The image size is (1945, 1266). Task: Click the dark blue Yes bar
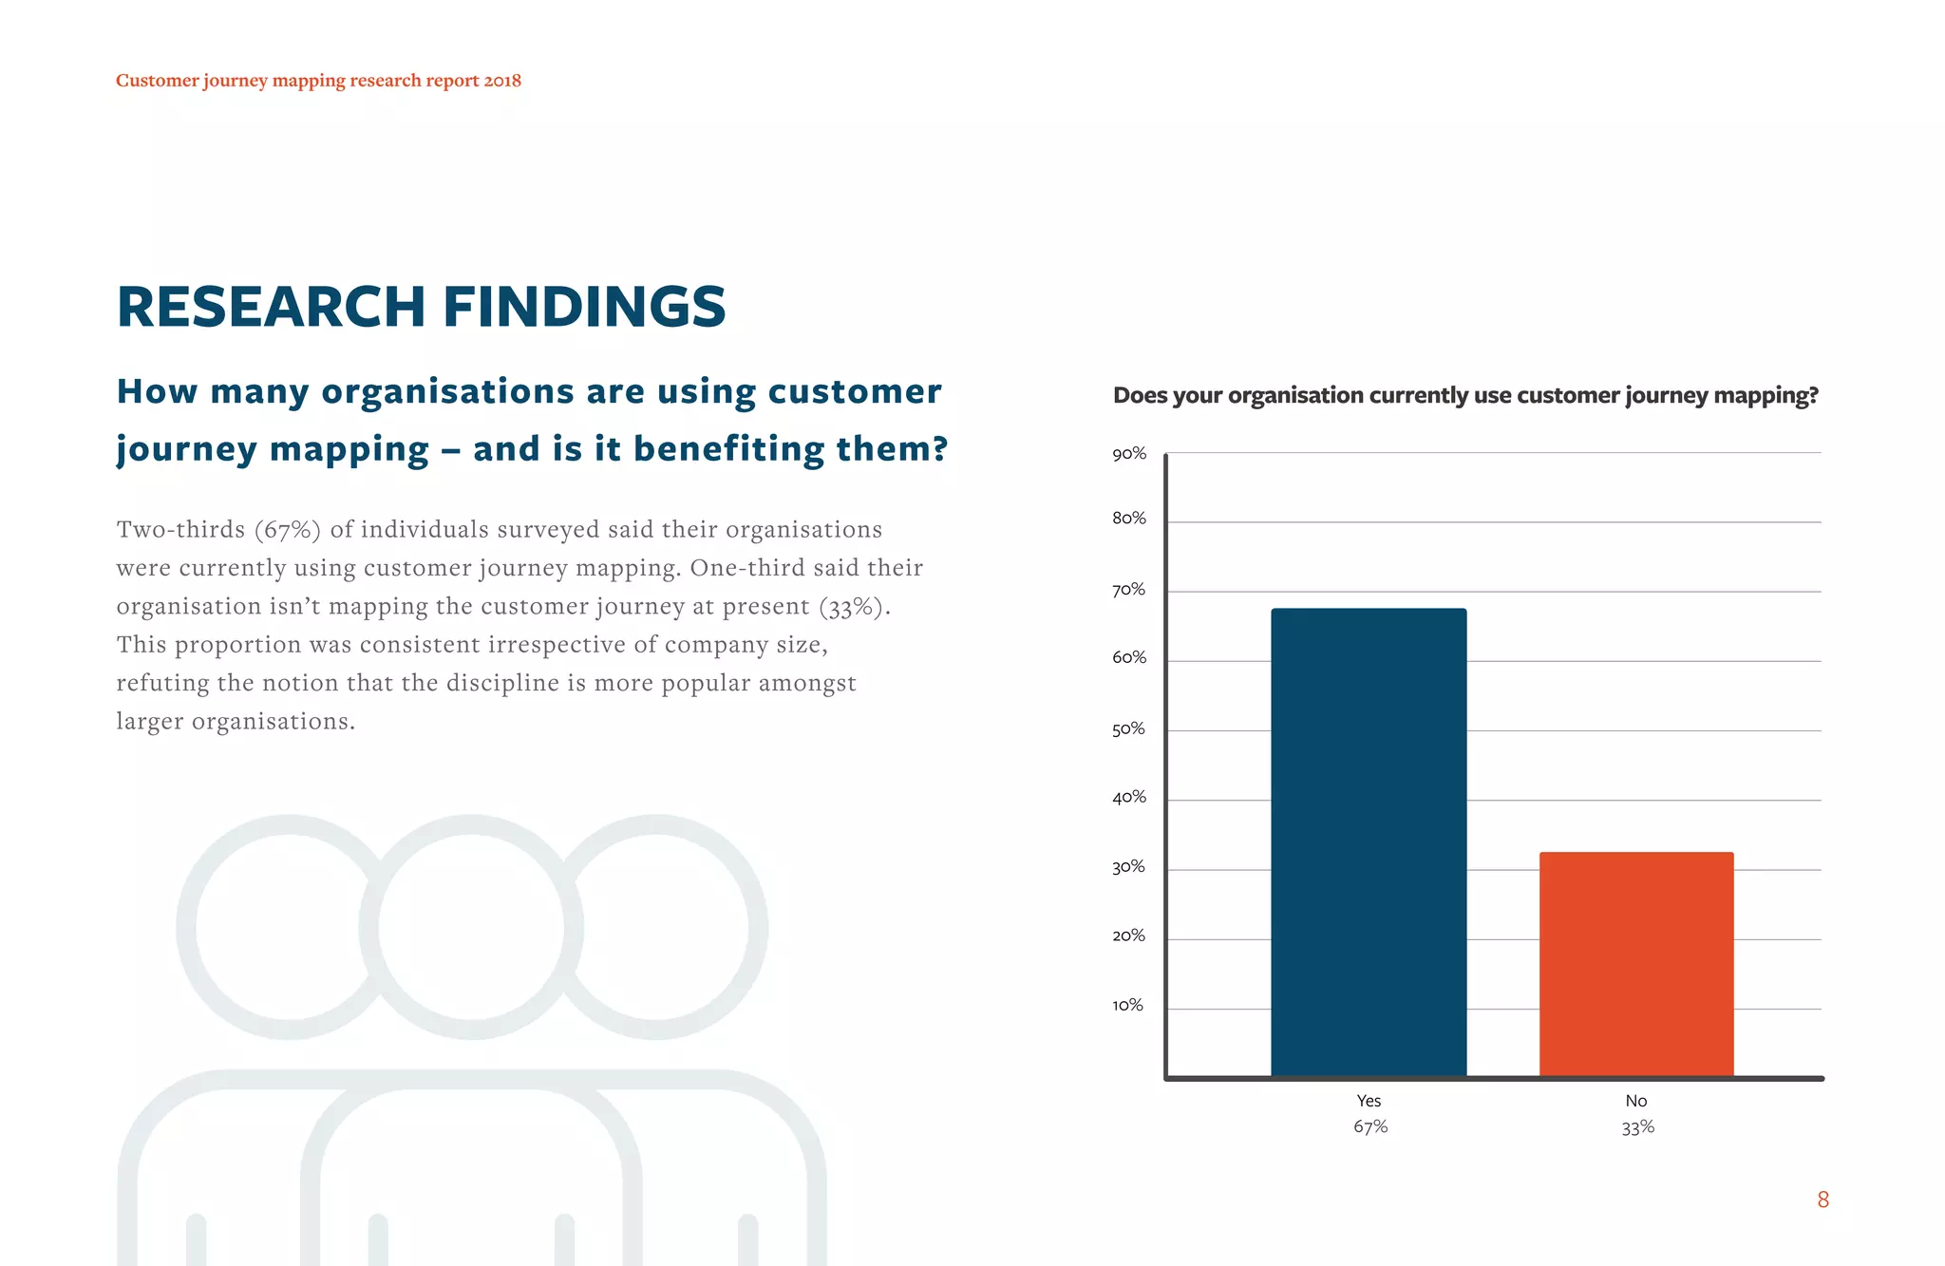(1369, 841)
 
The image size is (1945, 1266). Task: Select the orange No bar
(1636, 963)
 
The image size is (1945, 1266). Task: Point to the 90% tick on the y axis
(1129, 454)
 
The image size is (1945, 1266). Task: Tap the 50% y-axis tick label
(1128, 729)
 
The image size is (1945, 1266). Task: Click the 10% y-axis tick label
(1127, 1005)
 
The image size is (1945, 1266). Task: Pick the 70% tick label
(1128, 590)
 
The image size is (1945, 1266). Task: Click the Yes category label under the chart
(1369, 1101)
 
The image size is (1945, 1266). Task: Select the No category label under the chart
(1635, 1101)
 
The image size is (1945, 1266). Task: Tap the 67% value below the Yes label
(1370, 1127)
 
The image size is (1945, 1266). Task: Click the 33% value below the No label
(1637, 1127)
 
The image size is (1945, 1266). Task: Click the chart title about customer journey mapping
(1464, 395)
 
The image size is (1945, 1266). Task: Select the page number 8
(1822, 1200)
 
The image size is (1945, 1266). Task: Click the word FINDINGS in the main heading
(584, 307)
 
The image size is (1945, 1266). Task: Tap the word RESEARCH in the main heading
(271, 307)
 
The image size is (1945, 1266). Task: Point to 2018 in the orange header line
(502, 81)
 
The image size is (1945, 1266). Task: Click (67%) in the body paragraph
(288, 530)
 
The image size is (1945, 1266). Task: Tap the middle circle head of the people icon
(471, 926)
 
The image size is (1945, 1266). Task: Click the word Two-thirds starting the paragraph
(180, 530)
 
